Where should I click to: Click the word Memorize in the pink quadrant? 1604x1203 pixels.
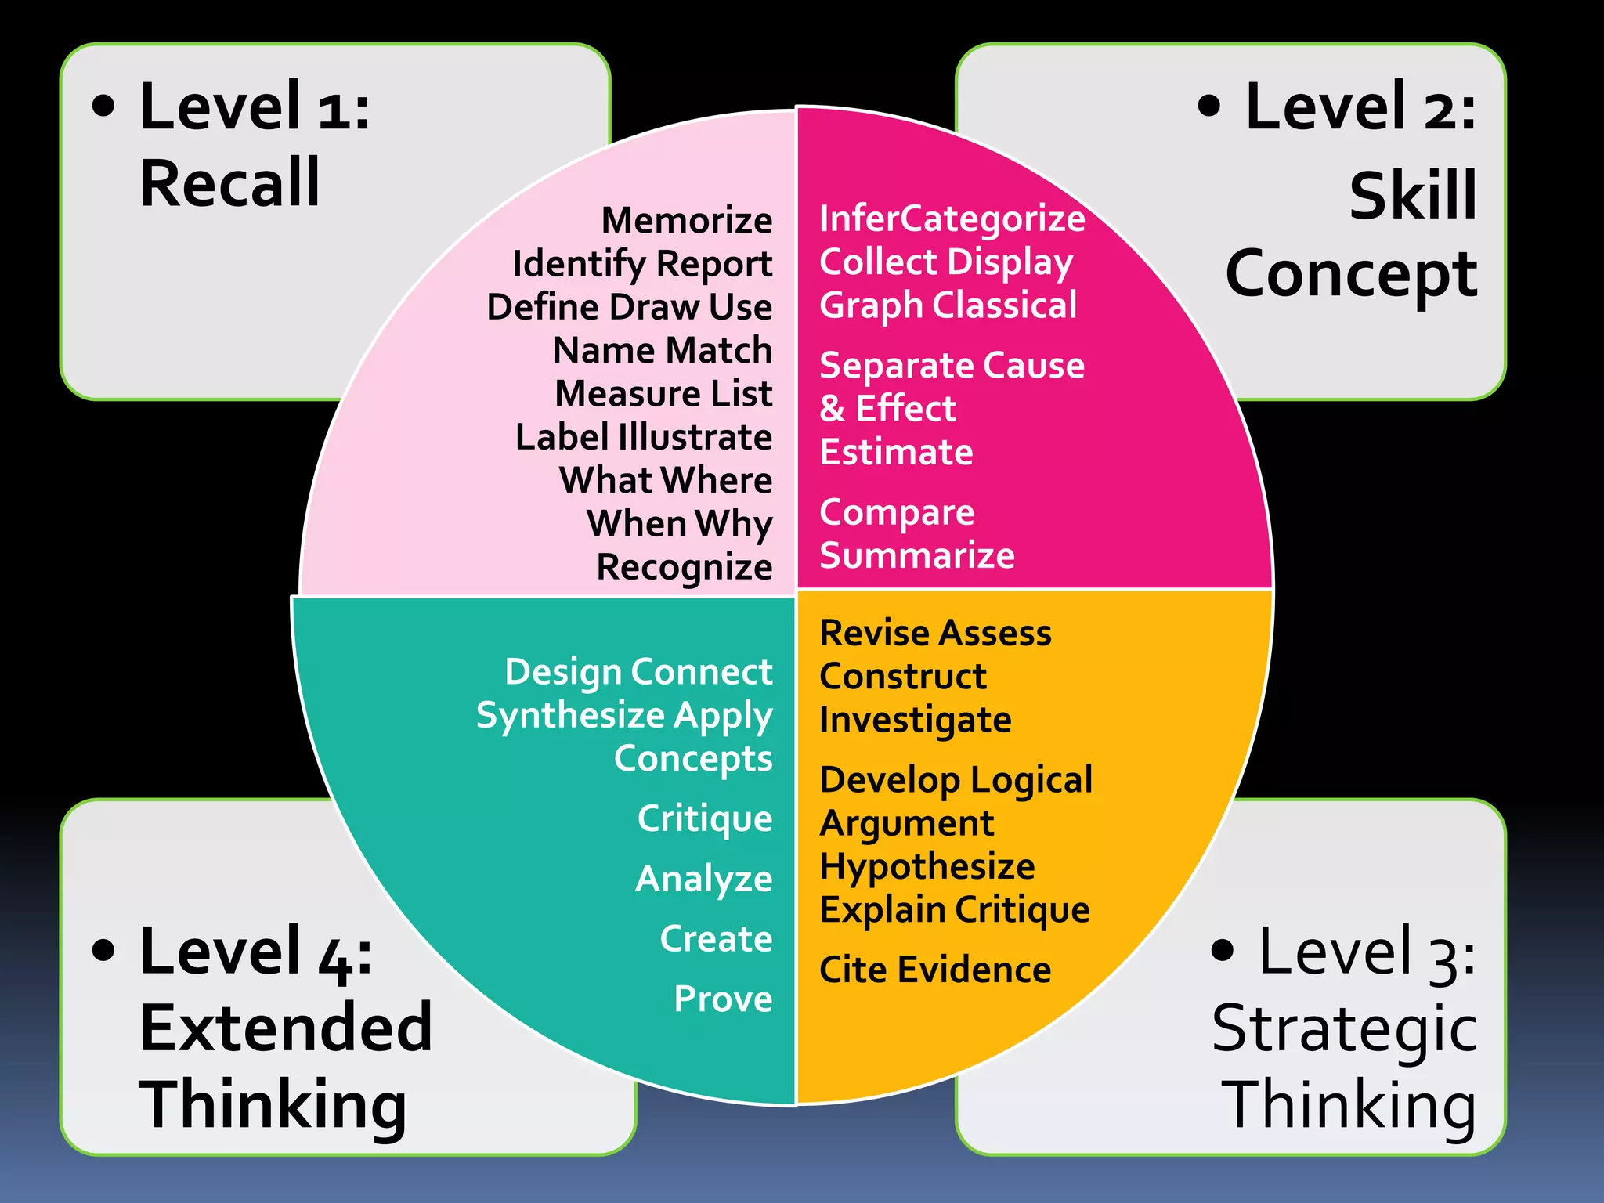pos(686,220)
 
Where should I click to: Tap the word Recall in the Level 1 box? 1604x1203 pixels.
pos(229,182)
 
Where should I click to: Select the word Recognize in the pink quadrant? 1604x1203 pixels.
pos(684,567)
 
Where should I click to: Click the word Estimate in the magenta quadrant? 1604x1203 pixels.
pos(896,452)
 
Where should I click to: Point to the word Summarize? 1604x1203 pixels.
pos(916,555)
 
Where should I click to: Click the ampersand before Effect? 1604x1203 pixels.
pos(832,409)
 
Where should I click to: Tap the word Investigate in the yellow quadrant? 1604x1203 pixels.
pos(915,720)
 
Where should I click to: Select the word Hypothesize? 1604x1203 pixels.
pos(927,866)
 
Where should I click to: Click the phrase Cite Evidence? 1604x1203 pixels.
pos(934,970)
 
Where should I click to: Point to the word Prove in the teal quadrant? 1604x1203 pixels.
pos(723,999)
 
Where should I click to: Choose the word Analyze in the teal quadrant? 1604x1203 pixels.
pos(703,879)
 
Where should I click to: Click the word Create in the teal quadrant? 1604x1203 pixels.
pos(716,938)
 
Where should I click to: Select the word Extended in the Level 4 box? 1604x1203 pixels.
pos(286,1028)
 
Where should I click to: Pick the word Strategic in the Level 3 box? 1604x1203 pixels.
pos(1344,1029)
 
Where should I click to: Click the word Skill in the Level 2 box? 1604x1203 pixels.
pos(1412,195)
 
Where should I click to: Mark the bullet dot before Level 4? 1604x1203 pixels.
pos(103,949)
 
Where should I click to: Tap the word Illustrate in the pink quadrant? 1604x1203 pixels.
pos(694,437)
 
